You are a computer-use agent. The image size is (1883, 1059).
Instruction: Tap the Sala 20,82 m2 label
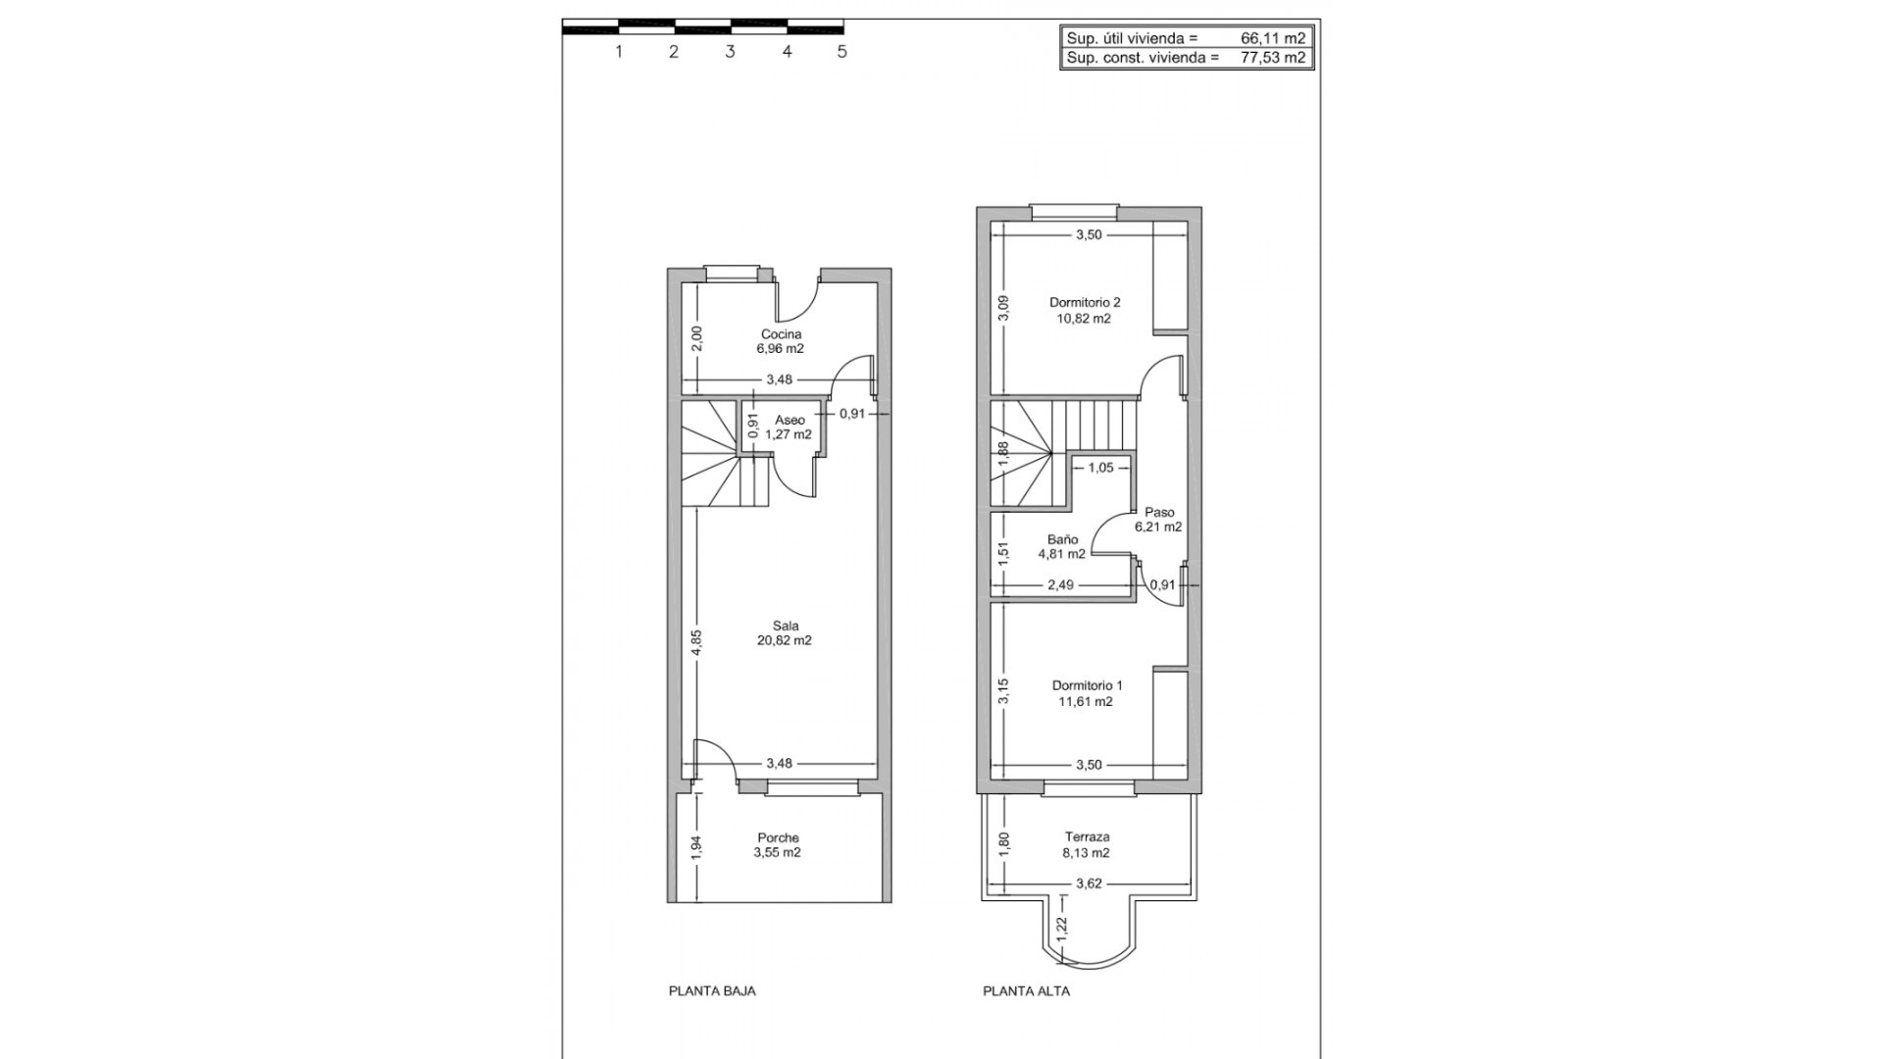[x=785, y=633]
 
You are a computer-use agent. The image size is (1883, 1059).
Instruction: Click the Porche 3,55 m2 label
[x=778, y=845]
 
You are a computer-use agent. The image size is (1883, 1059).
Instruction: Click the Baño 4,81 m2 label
[x=1062, y=546]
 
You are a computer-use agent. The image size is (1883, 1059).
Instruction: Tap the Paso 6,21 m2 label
[x=1158, y=520]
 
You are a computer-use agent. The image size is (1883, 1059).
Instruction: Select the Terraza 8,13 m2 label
[x=1087, y=845]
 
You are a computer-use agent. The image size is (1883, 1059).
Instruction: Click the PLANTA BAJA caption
[x=712, y=991]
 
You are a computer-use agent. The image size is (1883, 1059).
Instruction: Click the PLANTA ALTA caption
[x=1026, y=991]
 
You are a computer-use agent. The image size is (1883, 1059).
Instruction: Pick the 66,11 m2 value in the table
[x=1273, y=38]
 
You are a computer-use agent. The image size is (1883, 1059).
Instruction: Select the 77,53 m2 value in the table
[x=1273, y=58]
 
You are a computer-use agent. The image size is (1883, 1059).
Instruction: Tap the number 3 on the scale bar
[x=730, y=52]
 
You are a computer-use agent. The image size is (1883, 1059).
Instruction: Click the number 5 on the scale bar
[x=841, y=52]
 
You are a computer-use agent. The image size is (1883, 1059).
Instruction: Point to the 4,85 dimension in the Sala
[x=696, y=642]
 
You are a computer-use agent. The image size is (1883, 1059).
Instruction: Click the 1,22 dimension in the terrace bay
[x=1062, y=925]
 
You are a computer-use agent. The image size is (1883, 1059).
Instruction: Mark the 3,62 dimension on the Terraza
[x=1089, y=883]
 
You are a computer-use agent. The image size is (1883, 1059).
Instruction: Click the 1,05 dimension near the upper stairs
[x=1100, y=468]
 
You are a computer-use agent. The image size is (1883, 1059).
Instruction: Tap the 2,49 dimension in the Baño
[x=1060, y=584]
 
